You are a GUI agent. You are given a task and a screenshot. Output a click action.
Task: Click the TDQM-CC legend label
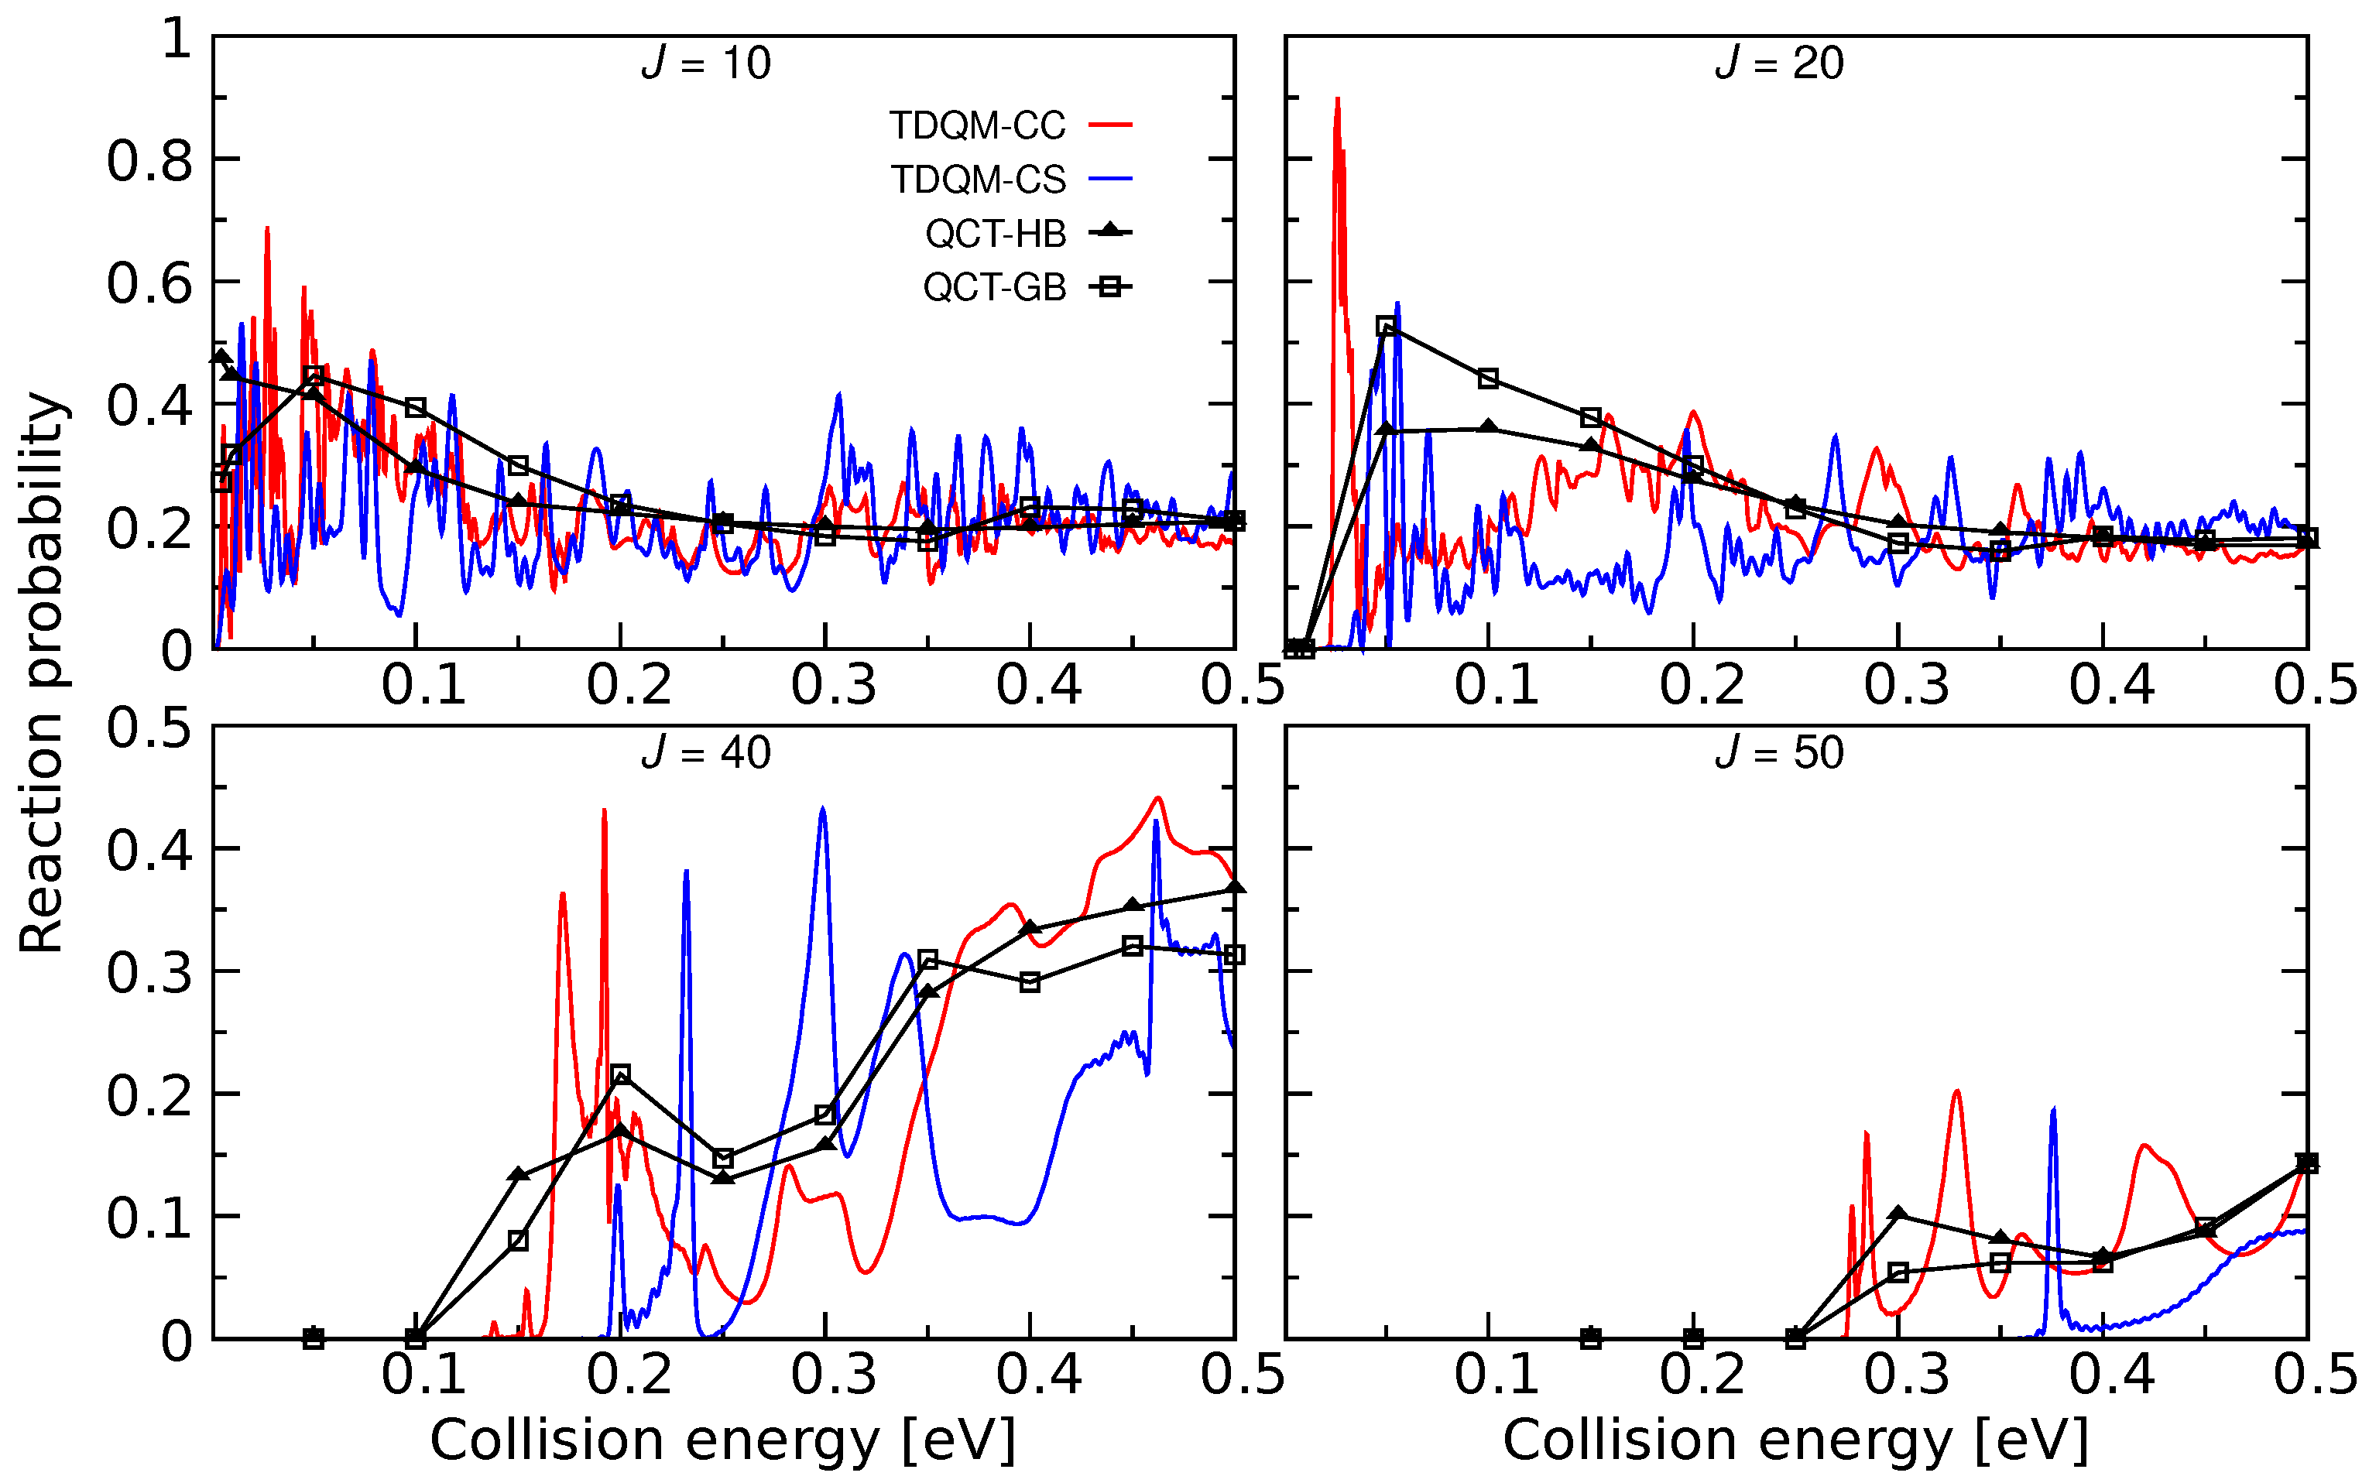pyautogui.click(x=976, y=125)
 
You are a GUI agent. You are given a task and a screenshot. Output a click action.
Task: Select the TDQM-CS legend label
pyautogui.click(x=977, y=180)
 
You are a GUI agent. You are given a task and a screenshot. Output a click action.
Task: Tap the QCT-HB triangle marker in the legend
pyautogui.click(x=1109, y=231)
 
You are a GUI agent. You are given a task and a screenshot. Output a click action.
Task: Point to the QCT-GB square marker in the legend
pyautogui.click(x=1109, y=286)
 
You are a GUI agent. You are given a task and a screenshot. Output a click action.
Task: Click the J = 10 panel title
pyautogui.click(x=706, y=63)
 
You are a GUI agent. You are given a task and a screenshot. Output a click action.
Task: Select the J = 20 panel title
pyautogui.click(x=1778, y=63)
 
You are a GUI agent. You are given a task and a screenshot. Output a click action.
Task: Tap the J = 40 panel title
pyautogui.click(x=706, y=753)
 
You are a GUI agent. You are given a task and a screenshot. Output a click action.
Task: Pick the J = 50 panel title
pyautogui.click(x=1778, y=753)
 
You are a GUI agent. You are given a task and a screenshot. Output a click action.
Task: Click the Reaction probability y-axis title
pyautogui.click(x=41, y=673)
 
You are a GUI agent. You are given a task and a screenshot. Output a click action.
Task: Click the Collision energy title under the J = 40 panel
pyautogui.click(x=723, y=1440)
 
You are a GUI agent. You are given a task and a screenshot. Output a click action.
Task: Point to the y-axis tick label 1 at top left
pyautogui.click(x=177, y=40)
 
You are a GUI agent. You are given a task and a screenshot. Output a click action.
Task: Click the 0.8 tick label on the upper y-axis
pyautogui.click(x=149, y=161)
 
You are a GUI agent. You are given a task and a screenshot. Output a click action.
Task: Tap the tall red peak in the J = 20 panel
pyautogui.click(x=1337, y=103)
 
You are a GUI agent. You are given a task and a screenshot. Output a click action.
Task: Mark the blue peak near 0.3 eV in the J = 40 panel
pyautogui.click(x=822, y=810)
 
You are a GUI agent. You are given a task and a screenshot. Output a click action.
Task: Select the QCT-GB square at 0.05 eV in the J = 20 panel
pyautogui.click(x=1386, y=327)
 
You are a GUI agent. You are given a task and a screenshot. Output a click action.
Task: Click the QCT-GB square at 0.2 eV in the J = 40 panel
pyautogui.click(x=620, y=1075)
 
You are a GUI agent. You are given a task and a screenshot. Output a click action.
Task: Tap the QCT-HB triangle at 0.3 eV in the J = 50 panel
pyautogui.click(x=1898, y=1214)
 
